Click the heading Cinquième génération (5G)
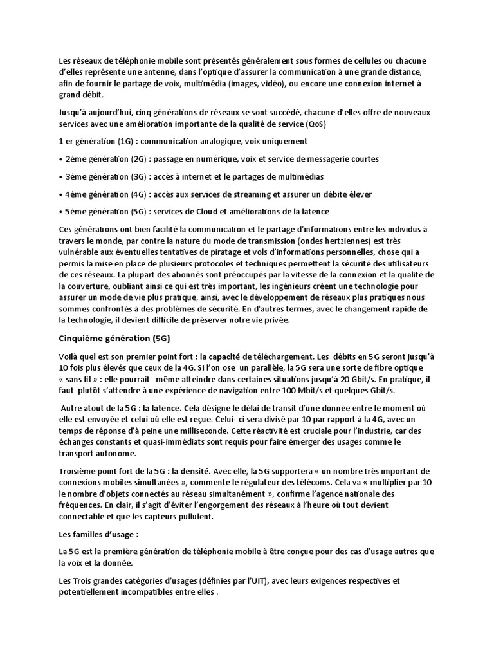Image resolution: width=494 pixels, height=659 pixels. point(114,339)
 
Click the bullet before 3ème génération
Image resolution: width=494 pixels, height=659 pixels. point(60,176)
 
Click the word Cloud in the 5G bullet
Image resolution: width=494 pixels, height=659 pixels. point(215,212)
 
